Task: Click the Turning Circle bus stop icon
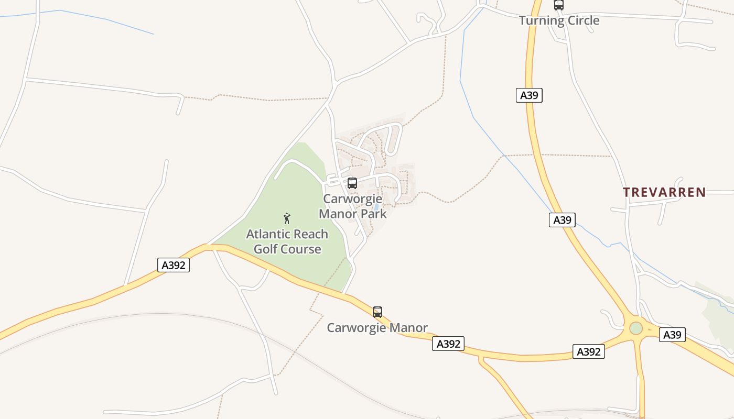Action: pos(559,5)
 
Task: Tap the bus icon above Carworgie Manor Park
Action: pos(352,183)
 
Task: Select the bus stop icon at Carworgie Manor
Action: pos(377,312)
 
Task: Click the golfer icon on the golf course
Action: pos(287,218)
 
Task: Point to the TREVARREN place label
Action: pos(664,192)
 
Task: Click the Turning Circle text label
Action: pos(559,20)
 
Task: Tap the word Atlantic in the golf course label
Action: pos(267,234)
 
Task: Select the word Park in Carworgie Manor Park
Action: pos(373,214)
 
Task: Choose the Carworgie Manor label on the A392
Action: pos(377,328)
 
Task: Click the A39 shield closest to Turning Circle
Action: pos(529,95)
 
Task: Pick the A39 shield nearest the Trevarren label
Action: pos(563,220)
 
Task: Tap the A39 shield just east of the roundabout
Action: pos(672,335)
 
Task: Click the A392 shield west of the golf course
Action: pos(174,265)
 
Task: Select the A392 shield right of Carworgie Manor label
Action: pos(448,344)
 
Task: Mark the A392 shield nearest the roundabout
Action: pos(589,352)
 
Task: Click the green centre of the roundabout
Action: pos(636,328)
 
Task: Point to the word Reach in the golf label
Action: pos(309,234)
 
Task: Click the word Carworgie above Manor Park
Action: pos(352,199)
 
